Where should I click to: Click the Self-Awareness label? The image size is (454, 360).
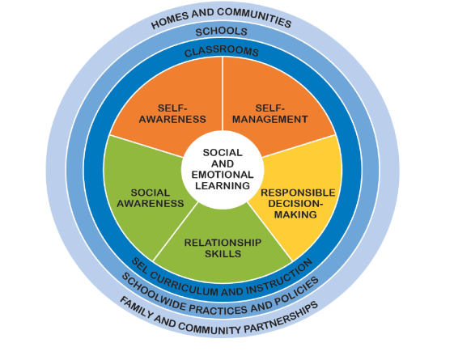(x=172, y=114)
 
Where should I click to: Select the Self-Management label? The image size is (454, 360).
(x=269, y=114)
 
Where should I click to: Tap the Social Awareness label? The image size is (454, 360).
(x=151, y=198)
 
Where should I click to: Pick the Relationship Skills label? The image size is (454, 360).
(x=223, y=248)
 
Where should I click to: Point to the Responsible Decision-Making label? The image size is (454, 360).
(x=298, y=203)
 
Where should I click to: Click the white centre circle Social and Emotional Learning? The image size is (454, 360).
(x=223, y=170)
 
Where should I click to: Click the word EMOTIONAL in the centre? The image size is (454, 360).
(x=223, y=175)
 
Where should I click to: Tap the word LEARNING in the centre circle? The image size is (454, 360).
(x=223, y=186)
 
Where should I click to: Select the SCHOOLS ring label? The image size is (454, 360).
(x=222, y=32)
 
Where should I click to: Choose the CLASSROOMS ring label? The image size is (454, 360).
(x=222, y=51)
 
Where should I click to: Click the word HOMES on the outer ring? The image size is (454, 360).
(x=170, y=20)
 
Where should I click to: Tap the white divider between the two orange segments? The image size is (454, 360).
(x=223, y=94)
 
